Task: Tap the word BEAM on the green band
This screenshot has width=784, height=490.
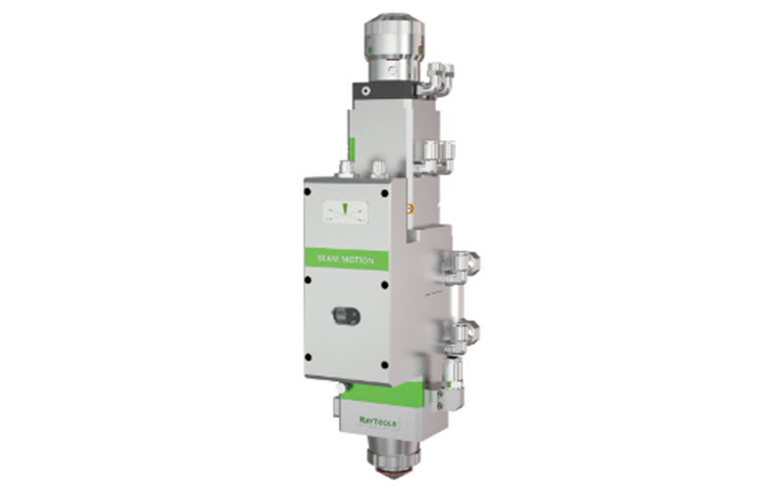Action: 328,260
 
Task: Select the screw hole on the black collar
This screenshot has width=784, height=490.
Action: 365,90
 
